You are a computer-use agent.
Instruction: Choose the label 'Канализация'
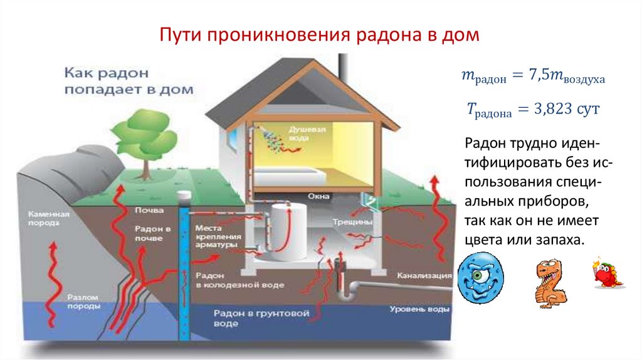tap(424, 275)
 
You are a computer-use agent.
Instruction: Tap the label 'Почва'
tap(149, 210)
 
